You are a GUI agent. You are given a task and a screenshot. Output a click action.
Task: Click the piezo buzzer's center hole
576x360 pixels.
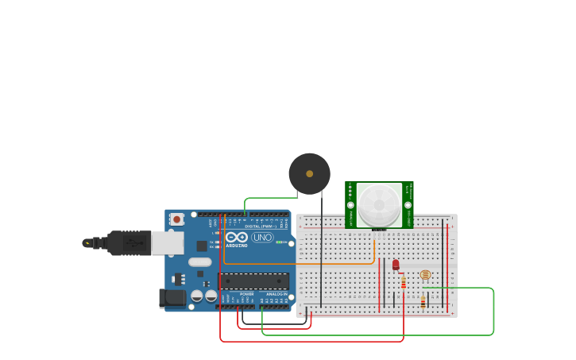[x=309, y=173]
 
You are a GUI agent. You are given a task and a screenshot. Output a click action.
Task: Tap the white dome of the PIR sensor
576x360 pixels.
[x=379, y=205]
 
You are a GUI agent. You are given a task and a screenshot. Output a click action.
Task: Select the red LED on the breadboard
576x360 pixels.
[x=396, y=265]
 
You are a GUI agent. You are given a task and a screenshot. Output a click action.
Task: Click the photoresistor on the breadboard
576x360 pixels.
[x=425, y=275]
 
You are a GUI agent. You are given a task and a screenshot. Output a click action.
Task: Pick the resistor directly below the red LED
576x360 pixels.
[x=404, y=282]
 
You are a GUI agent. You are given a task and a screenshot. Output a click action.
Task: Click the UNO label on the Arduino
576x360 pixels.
[x=262, y=237]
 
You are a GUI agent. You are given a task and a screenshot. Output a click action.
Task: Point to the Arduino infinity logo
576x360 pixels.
[x=236, y=237]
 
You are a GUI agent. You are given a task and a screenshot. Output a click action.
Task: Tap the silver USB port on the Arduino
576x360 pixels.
[x=168, y=243]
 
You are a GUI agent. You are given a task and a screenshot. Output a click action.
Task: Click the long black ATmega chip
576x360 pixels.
[x=253, y=281]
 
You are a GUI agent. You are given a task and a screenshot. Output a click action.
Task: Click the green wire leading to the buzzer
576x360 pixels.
[x=270, y=198]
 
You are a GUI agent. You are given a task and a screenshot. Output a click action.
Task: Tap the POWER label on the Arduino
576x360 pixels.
[x=247, y=294]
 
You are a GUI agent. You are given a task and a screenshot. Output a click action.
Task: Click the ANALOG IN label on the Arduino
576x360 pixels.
[x=276, y=294]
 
